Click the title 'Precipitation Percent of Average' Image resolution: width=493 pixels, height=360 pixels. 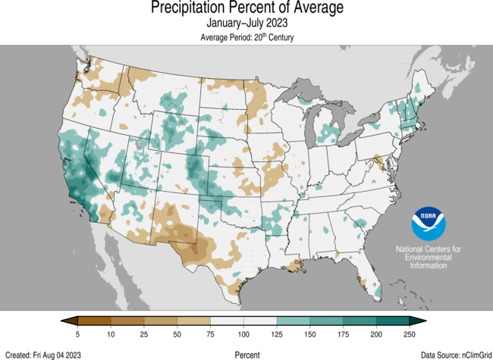[x=246, y=9]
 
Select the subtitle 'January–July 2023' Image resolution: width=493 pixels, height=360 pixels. [x=246, y=24]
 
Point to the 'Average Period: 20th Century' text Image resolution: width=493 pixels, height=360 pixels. [x=246, y=37]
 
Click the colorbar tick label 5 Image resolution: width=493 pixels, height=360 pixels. [x=77, y=333]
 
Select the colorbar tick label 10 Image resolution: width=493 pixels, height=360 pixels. [x=111, y=333]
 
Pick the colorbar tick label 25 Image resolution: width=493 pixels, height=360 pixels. [x=144, y=333]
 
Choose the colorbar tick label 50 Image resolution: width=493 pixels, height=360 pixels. [x=177, y=333]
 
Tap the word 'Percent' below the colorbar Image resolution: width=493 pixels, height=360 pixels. [x=246, y=354]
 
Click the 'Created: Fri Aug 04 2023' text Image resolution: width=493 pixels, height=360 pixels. [x=43, y=354]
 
